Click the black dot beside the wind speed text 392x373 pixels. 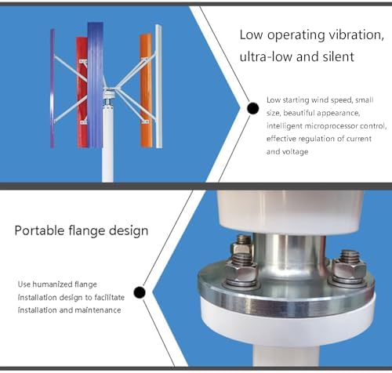[x=252, y=108]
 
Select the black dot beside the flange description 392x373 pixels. [x=140, y=293]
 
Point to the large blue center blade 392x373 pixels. [x=95, y=82]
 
